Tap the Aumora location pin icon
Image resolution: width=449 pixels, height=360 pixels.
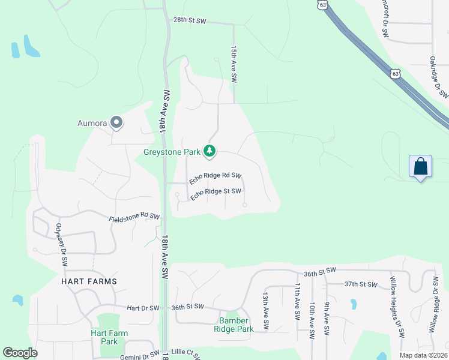pos(117,124)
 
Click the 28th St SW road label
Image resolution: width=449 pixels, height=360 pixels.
pos(190,20)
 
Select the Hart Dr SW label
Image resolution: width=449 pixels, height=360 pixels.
pos(143,308)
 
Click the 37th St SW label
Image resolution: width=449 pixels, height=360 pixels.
pos(361,284)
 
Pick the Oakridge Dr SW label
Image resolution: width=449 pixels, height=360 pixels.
pos(439,77)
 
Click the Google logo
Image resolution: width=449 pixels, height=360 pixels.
pos(20,353)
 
